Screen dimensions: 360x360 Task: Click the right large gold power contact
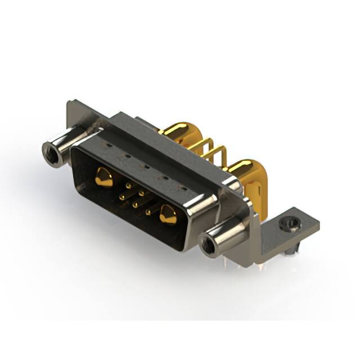(168, 215)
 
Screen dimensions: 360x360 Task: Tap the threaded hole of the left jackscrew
(50, 150)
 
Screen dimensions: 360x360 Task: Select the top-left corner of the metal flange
(70, 105)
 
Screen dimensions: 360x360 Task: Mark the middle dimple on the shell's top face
(146, 168)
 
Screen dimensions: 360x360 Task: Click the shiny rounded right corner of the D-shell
(203, 211)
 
